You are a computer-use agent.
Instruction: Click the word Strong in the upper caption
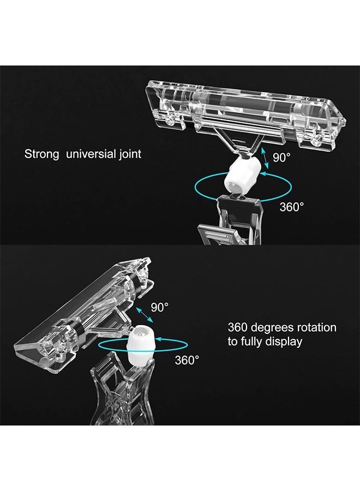(41, 154)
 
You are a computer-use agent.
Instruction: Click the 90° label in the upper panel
(281, 157)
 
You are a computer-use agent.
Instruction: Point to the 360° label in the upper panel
(291, 207)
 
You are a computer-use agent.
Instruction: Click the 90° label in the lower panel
(160, 307)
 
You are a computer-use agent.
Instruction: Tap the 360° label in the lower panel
(187, 360)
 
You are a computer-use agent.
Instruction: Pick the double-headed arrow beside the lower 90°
(145, 315)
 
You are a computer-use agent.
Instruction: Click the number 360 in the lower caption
(238, 327)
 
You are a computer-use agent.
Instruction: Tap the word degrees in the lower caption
(272, 328)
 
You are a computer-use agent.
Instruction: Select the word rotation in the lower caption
(316, 327)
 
